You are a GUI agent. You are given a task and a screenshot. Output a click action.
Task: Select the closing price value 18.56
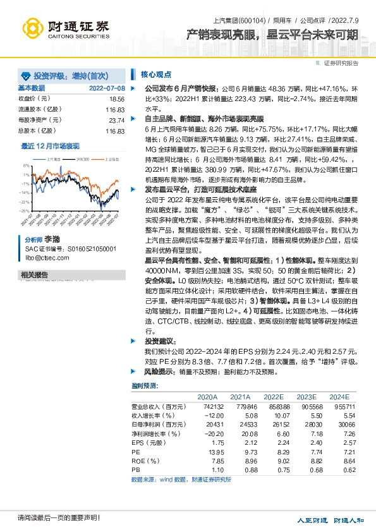tap(116, 99)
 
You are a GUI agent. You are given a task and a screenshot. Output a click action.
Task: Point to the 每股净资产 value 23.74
tap(116, 120)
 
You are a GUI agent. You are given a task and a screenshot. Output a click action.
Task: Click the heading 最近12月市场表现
tap(51, 145)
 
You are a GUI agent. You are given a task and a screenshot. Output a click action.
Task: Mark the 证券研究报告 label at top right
tap(341, 63)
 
